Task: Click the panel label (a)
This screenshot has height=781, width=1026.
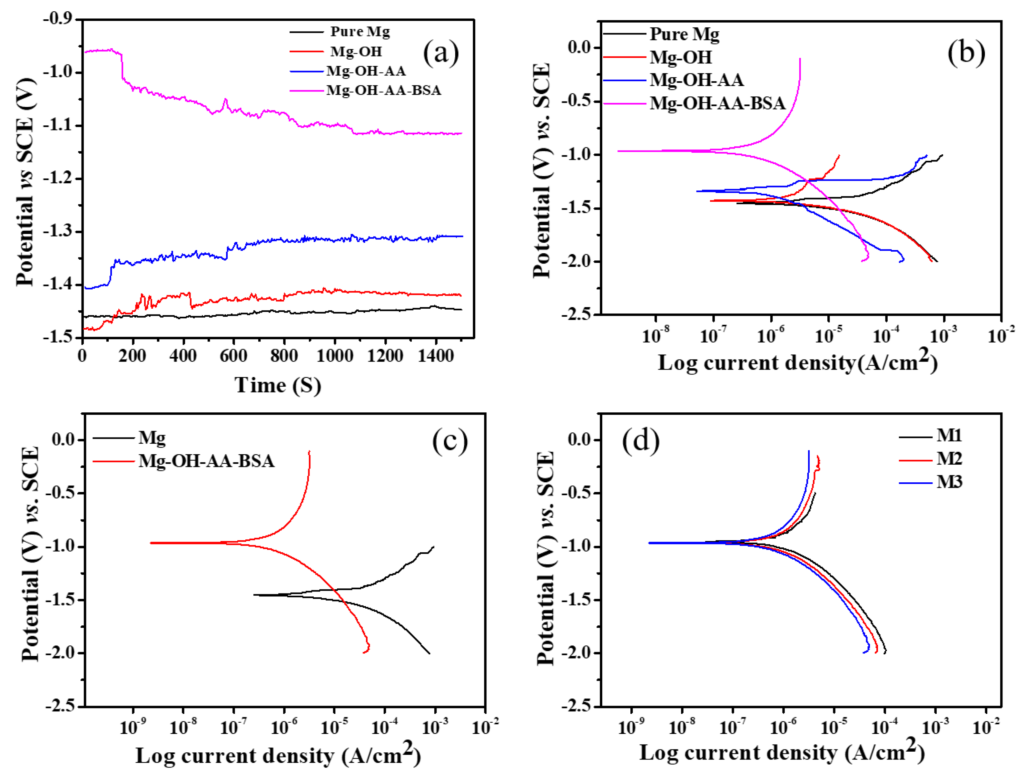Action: [440, 53]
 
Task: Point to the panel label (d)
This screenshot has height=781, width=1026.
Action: [640, 439]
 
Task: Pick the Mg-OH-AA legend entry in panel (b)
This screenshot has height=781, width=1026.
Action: [673, 80]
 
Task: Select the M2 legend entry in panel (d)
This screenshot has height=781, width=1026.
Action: [930, 458]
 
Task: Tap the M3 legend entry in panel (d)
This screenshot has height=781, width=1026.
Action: [930, 482]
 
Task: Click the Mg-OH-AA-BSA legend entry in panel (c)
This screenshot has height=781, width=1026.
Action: [184, 461]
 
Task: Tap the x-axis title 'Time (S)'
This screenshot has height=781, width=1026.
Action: [278, 385]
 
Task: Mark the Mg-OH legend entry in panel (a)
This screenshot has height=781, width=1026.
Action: [336, 51]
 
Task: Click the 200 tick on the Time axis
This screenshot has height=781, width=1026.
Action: [133, 356]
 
